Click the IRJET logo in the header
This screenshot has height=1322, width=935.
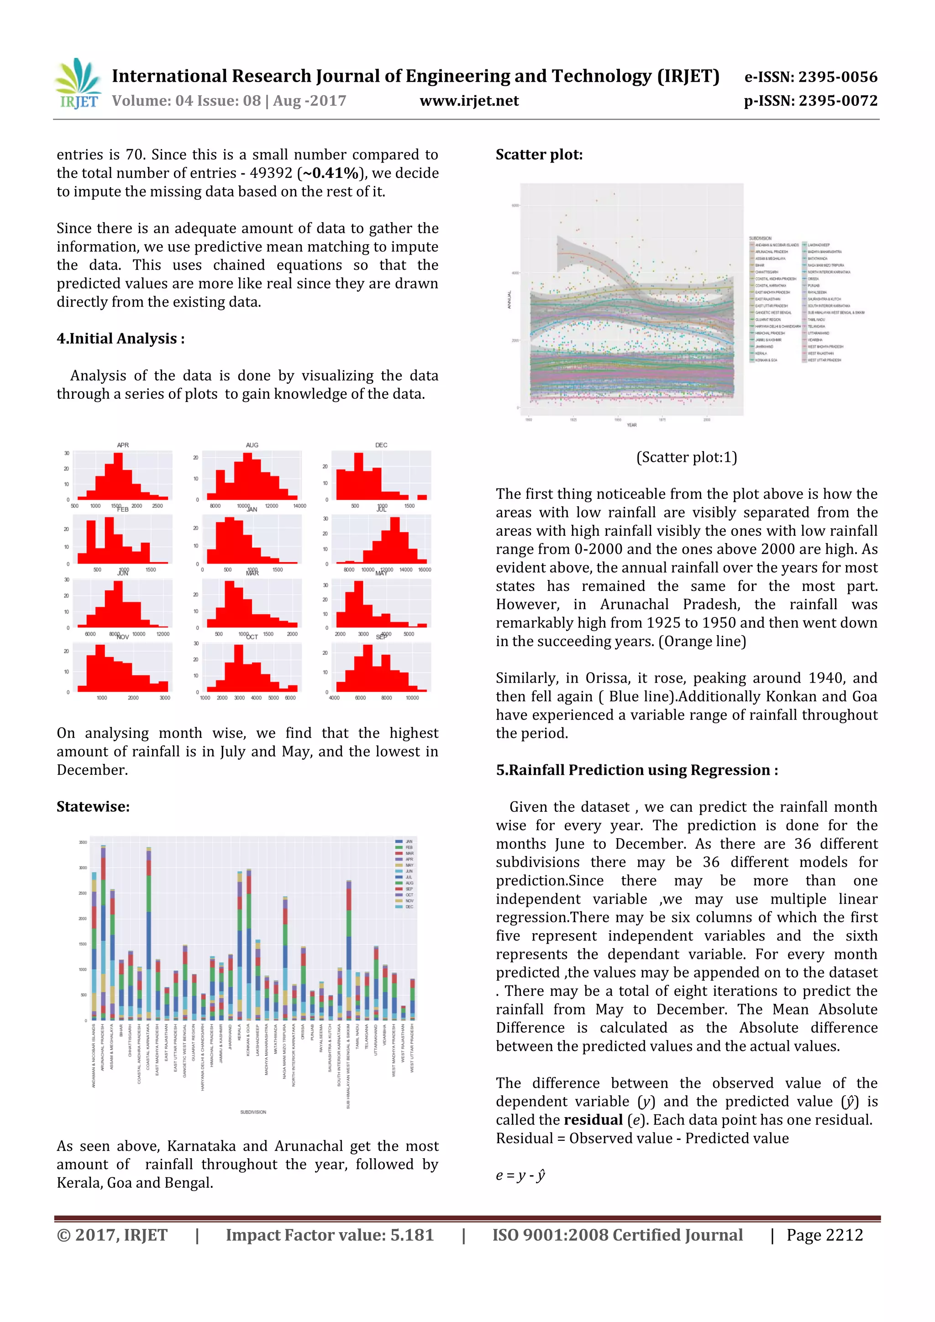[x=78, y=84]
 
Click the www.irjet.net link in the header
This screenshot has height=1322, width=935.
[x=469, y=101]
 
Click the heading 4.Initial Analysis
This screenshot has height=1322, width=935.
[x=121, y=339]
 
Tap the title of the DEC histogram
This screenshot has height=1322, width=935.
[x=381, y=445]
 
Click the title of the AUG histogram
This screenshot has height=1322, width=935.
[x=252, y=445]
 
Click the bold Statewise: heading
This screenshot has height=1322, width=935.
[x=93, y=807]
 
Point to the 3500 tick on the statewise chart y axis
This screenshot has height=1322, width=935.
[x=83, y=842]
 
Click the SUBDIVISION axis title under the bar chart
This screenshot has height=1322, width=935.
[x=253, y=1112]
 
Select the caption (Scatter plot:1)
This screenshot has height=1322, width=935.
[x=686, y=457]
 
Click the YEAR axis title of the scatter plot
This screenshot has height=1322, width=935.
[x=631, y=425]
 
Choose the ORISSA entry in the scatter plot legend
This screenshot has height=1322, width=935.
[x=814, y=279]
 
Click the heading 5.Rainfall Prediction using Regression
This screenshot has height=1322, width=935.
[x=636, y=770]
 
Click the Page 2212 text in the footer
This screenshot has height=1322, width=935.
[x=825, y=1235]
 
